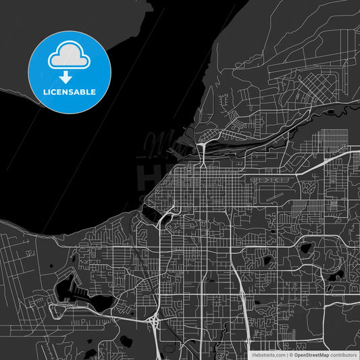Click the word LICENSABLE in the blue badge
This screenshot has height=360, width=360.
(x=70, y=92)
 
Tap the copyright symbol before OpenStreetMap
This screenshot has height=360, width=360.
(x=291, y=355)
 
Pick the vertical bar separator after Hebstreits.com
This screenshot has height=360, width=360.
(x=287, y=355)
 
